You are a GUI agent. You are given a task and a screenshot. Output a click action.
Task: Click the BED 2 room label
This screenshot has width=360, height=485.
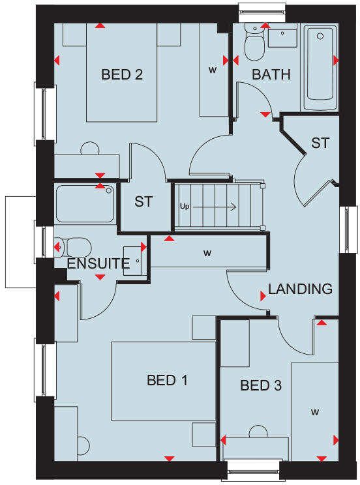click(122, 74)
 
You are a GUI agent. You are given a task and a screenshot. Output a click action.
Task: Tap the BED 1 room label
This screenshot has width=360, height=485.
click(167, 380)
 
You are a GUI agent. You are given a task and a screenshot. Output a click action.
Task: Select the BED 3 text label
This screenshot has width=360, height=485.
click(261, 386)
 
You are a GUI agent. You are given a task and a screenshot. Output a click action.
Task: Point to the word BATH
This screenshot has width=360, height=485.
click(271, 74)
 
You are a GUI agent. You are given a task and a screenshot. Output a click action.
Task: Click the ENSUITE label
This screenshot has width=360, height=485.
click(98, 264)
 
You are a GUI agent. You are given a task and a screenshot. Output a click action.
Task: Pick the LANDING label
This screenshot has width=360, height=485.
click(301, 289)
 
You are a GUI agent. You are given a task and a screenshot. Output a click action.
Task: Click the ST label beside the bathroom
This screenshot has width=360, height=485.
click(320, 143)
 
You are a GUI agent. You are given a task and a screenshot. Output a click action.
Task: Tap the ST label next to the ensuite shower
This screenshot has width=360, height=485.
click(143, 201)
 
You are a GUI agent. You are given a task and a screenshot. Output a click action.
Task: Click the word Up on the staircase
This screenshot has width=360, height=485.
click(185, 207)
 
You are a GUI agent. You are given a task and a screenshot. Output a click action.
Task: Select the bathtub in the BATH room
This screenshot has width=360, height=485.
click(320, 67)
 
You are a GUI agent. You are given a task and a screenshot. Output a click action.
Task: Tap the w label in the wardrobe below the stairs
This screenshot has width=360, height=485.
click(207, 252)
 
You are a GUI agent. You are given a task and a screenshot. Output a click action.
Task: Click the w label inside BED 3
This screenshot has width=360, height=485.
click(314, 412)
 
